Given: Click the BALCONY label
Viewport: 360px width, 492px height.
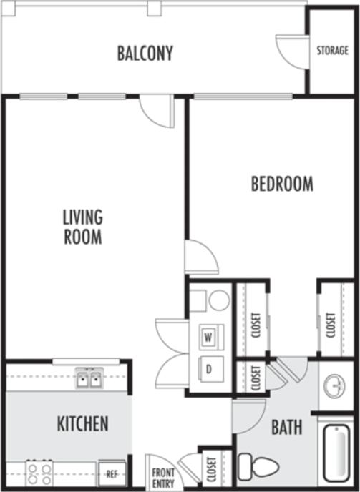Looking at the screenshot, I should pyautogui.click(x=145, y=53).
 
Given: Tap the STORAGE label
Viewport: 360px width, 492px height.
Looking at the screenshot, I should pyautogui.click(x=333, y=51).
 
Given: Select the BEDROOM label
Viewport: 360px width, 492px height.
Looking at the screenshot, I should pyautogui.click(x=282, y=184).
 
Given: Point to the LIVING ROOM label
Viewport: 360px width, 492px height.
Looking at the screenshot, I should pyautogui.click(x=82, y=226).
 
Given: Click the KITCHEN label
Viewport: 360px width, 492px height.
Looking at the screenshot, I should pyautogui.click(x=82, y=423).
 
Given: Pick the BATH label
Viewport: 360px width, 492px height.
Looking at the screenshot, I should pyautogui.click(x=286, y=428).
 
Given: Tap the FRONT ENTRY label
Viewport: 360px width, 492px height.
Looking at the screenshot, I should pyautogui.click(x=162, y=477).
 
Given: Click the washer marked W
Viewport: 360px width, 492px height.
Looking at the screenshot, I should pyautogui.click(x=210, y=335).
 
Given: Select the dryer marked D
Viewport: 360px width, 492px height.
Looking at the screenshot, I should pyautogui.click(x=210, y=368).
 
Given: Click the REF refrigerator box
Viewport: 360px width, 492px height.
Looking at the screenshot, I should pyautogui.click(x=112, y=473).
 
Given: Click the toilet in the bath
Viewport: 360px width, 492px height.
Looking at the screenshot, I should pyautogui.click(x=258, y=467).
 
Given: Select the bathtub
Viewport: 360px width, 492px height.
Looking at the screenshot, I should pyautogui.click(x=336, y=453).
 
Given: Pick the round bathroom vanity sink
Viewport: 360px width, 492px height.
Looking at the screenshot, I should pyautogui.click(x=334, y=387).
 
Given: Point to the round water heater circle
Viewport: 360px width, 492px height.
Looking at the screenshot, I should pyautogui.click(x=219, y=300).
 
